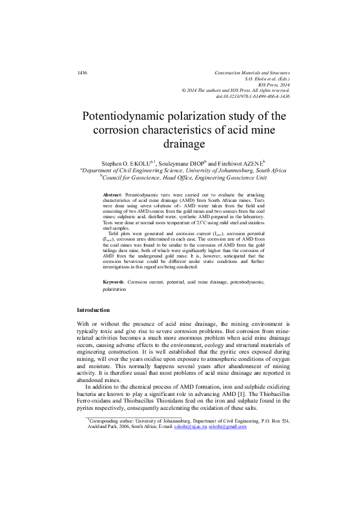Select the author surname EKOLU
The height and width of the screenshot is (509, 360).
coord(143,163)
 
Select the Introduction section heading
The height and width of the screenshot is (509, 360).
coord(93,310)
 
